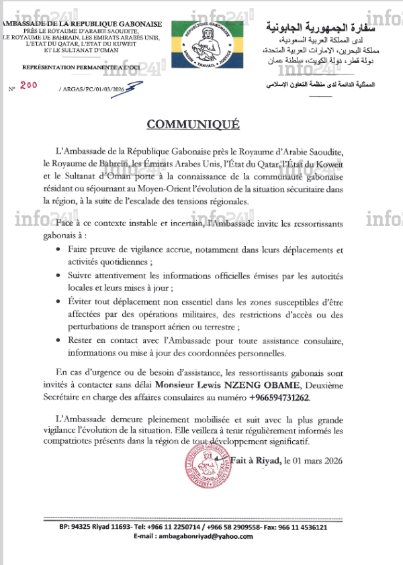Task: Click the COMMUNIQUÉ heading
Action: tap(202, 125)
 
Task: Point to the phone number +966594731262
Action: tap(279, 398)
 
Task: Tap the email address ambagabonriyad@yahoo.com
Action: tap(202, 537)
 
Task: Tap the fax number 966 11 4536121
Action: tap(302, 527)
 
